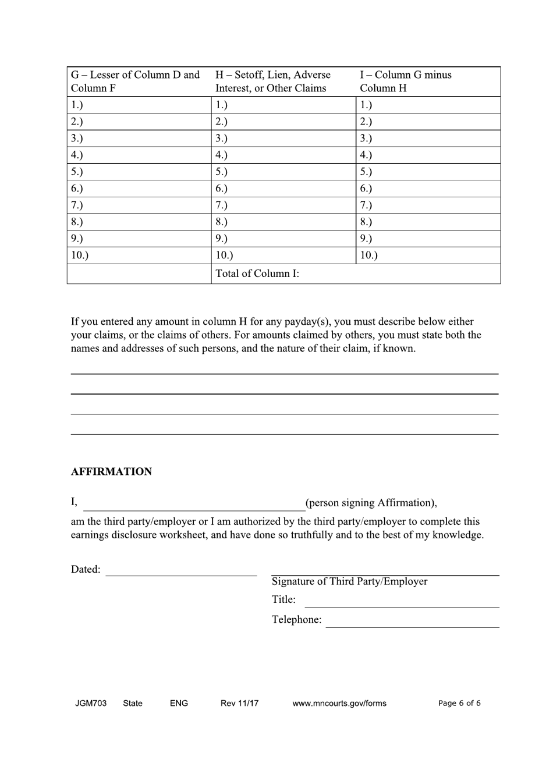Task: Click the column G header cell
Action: (x=139, y=81)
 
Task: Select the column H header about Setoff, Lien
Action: (x=283, y=81)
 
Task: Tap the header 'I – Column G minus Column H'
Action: (x=427, y=81)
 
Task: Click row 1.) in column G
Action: (x=139, y=105)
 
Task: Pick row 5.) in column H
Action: (x=283, y=172)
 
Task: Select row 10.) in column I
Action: (x=427, y=255)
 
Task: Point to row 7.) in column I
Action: (x=427, y=205)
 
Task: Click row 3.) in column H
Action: (x=283, y=138)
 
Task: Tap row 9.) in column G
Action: (x=139, y=238)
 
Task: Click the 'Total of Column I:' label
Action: (x=257, y=274)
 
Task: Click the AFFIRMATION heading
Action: (x=111, y=471)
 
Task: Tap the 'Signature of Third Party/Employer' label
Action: (x=349, y=581)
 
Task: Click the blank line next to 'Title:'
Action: (x=402, y=601)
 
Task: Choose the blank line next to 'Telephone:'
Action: (x=412, y=621)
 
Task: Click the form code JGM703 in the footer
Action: (x=91, y=703)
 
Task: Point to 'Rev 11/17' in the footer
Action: (x=239, y=703)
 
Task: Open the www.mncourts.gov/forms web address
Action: (x=339, y=703)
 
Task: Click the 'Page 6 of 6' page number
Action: (x=459, y=703)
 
